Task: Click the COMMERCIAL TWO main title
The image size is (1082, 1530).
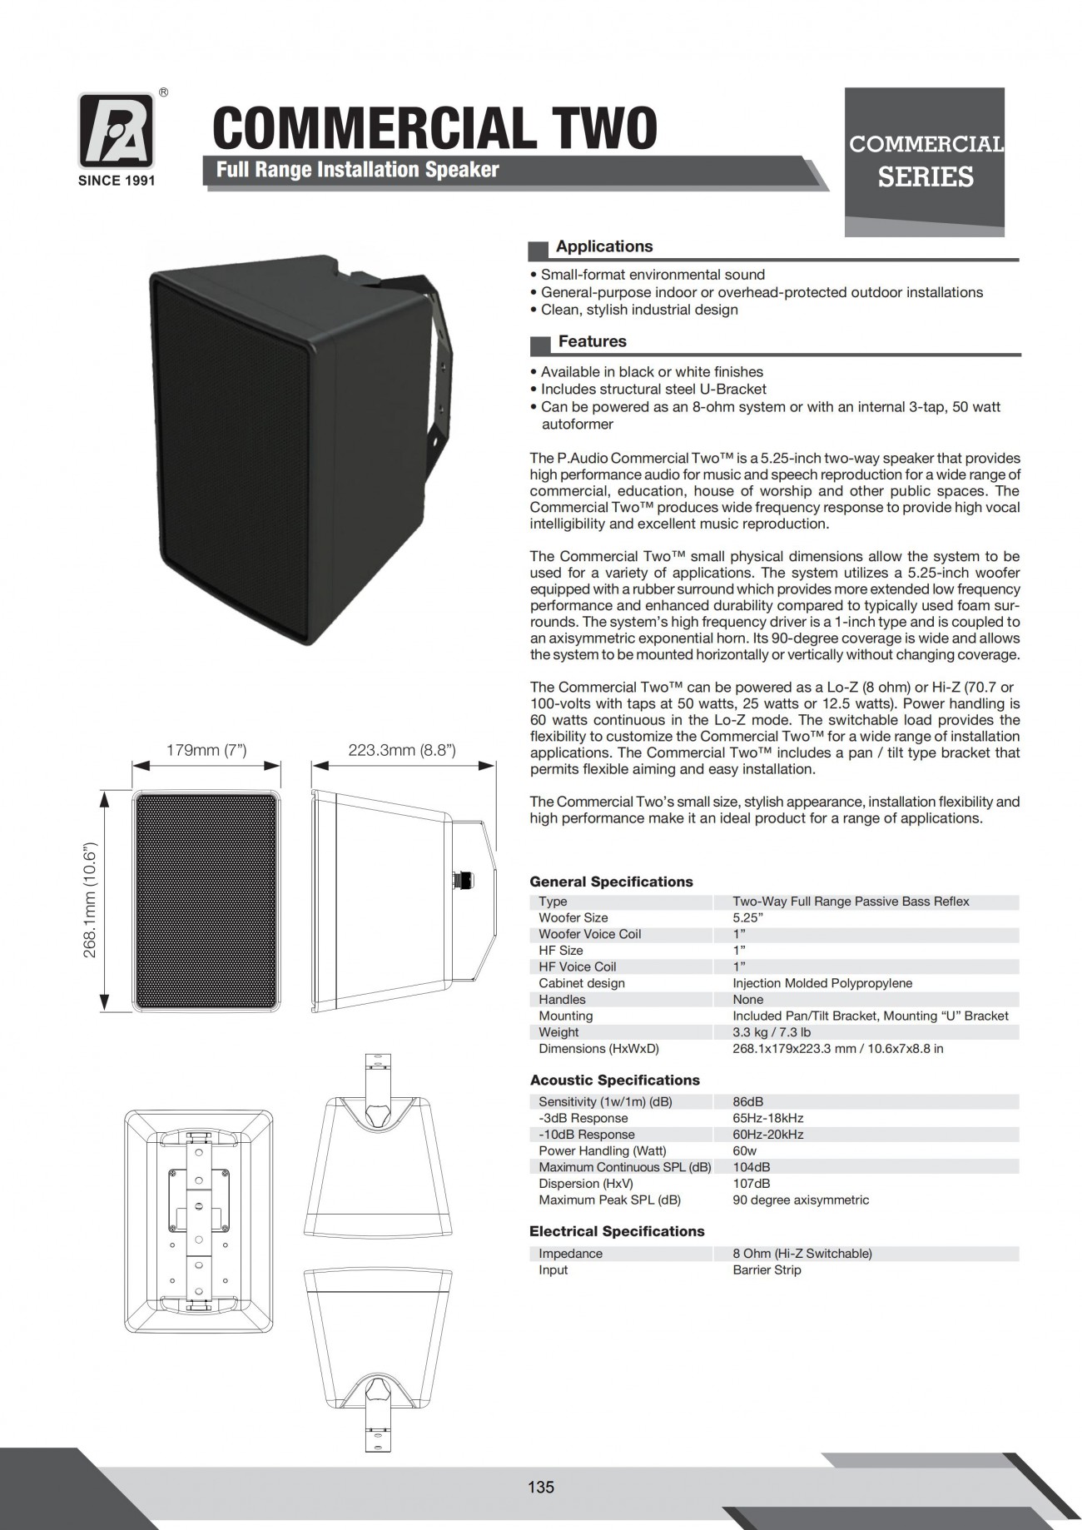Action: pos(434,128)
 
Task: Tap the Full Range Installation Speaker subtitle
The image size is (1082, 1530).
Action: pos(357,170)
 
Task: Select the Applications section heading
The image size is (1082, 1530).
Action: pos(603,246)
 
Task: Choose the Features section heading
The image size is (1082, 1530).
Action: pos(592,341)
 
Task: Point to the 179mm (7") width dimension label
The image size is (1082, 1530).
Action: pos(206,750)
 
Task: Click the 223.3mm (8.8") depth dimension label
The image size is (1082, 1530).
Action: pos(402,750)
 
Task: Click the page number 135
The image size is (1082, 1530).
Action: pos(540,1487)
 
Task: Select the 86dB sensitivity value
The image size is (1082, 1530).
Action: pos(747,1102)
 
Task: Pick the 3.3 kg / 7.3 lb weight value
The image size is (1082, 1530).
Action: pos(772,1032)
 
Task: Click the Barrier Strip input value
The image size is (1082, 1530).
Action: pos(767,1270)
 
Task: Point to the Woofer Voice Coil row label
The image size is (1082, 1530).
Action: pos(589,934)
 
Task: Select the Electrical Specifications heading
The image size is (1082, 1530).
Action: pos(617,1231)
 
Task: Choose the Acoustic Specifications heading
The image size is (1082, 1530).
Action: pos(614,1080)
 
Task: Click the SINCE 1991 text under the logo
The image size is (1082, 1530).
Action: pos(116,181)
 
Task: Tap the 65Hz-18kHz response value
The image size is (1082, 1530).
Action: pos(767,1118)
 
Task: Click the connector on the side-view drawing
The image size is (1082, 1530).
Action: pos(459,879)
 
